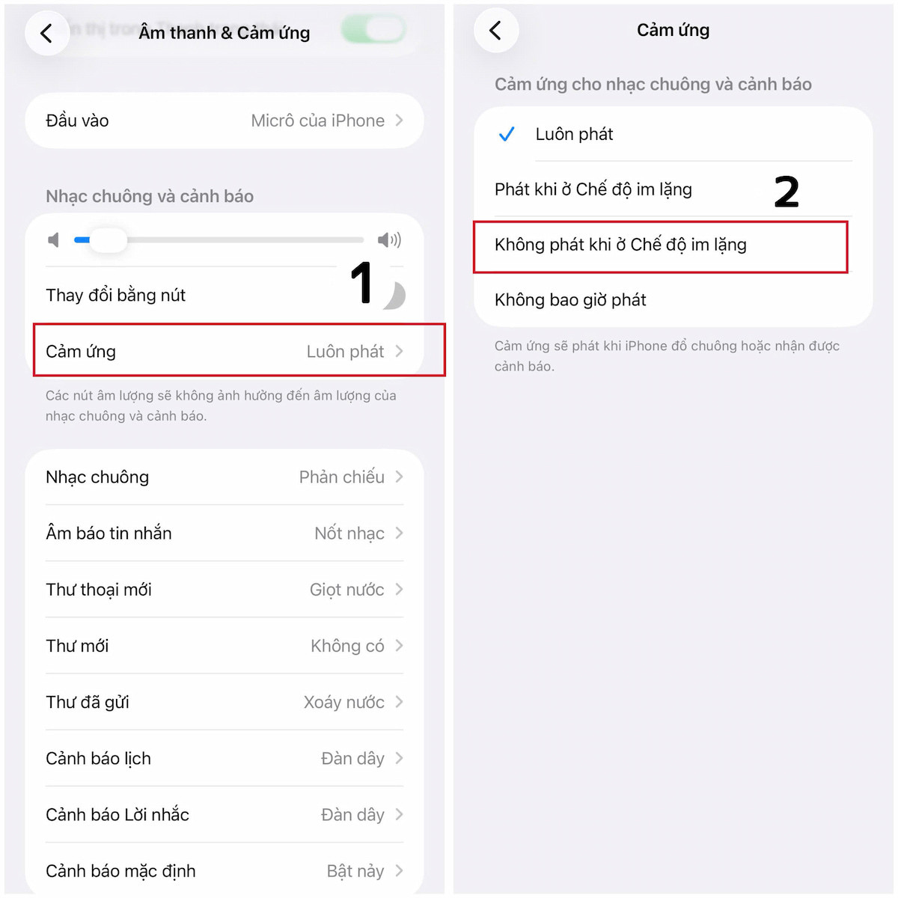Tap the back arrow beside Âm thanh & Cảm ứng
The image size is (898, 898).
point(46,34)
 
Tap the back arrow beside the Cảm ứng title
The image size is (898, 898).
point(495,30)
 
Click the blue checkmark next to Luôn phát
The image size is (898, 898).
point(506,134)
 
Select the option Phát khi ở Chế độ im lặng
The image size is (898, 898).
point(593,189)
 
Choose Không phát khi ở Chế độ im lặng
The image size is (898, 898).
point(620,245)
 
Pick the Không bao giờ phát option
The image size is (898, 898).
point(570,299)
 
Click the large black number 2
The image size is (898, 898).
point(786,191)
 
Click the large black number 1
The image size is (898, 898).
point(362,281)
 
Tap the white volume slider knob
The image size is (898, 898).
point(109,240)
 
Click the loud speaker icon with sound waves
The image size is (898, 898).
point(389,240)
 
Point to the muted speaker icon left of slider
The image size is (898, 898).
point(54,240)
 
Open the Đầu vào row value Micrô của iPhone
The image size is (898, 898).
point(318,120)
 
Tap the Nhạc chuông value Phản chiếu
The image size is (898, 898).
point(341,477)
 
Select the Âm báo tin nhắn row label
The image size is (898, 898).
point(109,533)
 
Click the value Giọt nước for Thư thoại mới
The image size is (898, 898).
point(346,590)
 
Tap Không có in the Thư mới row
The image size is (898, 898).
point(347,646)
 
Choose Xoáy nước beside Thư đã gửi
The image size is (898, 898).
point(344,702)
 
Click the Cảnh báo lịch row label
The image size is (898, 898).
point(98,759)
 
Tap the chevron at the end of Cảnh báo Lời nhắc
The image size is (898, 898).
point(399,815)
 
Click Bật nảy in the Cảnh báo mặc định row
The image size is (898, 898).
point(355,871)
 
